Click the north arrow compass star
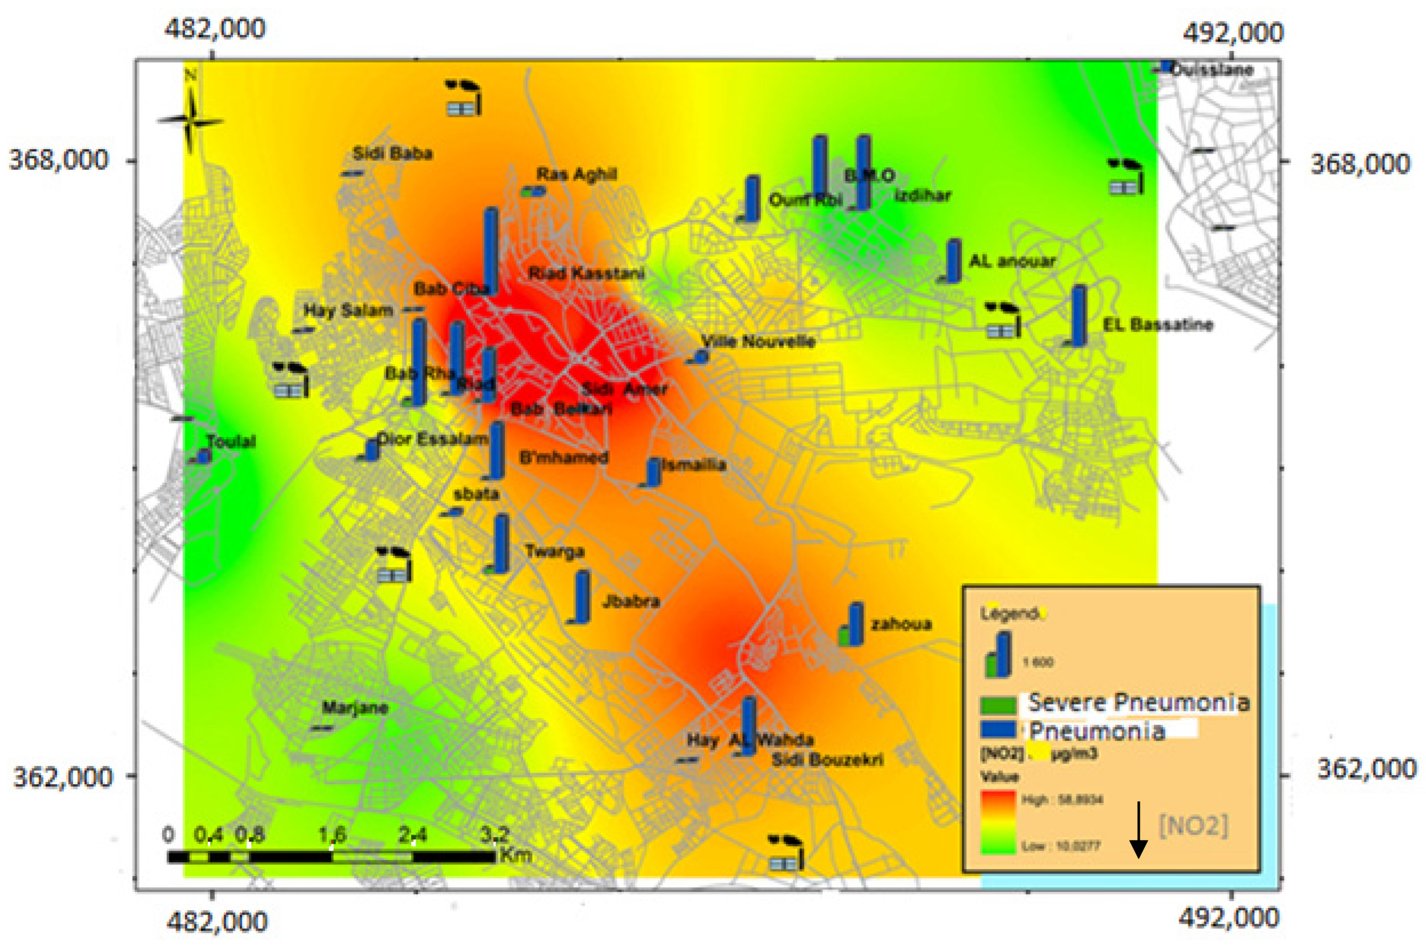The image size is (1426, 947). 190,121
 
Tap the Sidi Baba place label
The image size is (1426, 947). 392,153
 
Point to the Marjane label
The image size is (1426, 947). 355,707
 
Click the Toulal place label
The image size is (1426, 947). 231,441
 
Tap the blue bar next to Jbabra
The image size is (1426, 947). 582,596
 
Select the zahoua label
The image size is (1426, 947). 901,623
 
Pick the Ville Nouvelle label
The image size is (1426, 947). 758,342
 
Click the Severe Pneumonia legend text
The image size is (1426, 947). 1138,702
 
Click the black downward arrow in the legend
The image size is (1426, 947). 1138,829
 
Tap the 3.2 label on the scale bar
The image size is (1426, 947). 495,835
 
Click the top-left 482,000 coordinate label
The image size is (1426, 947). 215,28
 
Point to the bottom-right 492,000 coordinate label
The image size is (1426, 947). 1229,919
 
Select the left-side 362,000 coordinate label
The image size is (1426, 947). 63,777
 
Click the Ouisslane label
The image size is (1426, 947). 1212,70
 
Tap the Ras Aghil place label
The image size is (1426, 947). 577,175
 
